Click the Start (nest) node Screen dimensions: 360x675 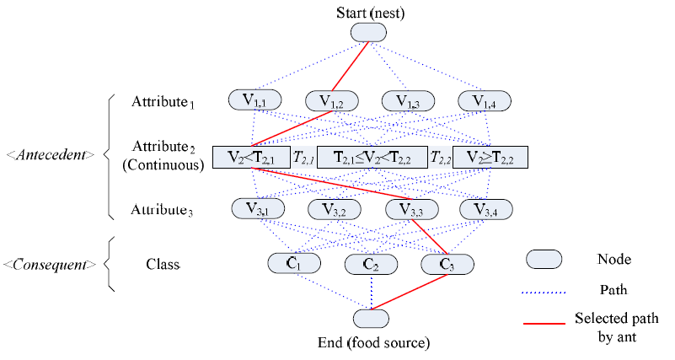(368, 31)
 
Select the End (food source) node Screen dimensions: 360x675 (371, 319)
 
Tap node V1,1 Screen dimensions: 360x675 (253, 100)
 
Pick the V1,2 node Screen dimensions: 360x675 (329, 100)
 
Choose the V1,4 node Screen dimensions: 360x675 (484, 100)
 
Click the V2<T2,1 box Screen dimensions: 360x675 (250, 157)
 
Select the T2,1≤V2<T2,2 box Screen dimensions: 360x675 (371, 157)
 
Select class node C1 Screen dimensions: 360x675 (292, 263)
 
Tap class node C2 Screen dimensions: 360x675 (371, 263)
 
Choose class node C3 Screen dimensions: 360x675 (448, 263)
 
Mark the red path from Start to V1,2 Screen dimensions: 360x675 (349, 66)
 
